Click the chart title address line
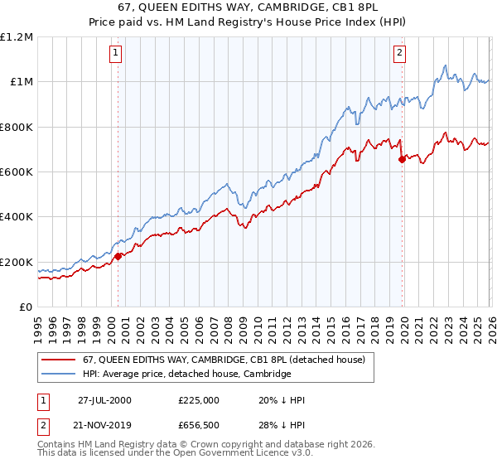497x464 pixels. click(x=248, y=7)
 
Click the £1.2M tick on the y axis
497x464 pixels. click(x=17, y=36)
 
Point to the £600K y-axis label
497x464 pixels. click(x=17, y=172)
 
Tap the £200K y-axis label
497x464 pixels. click(x=17, y=262)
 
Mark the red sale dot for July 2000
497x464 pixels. click(x=118, y=256)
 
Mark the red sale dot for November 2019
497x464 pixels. click(x=402, y=159)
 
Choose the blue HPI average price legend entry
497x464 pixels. click(x=186, y=374)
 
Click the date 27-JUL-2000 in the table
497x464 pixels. click(x=104, y=400)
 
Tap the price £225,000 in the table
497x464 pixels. click(x=198, y=400)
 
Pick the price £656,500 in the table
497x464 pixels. click(x=198, y=425)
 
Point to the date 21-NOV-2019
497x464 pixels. click(x=105, y=425)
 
